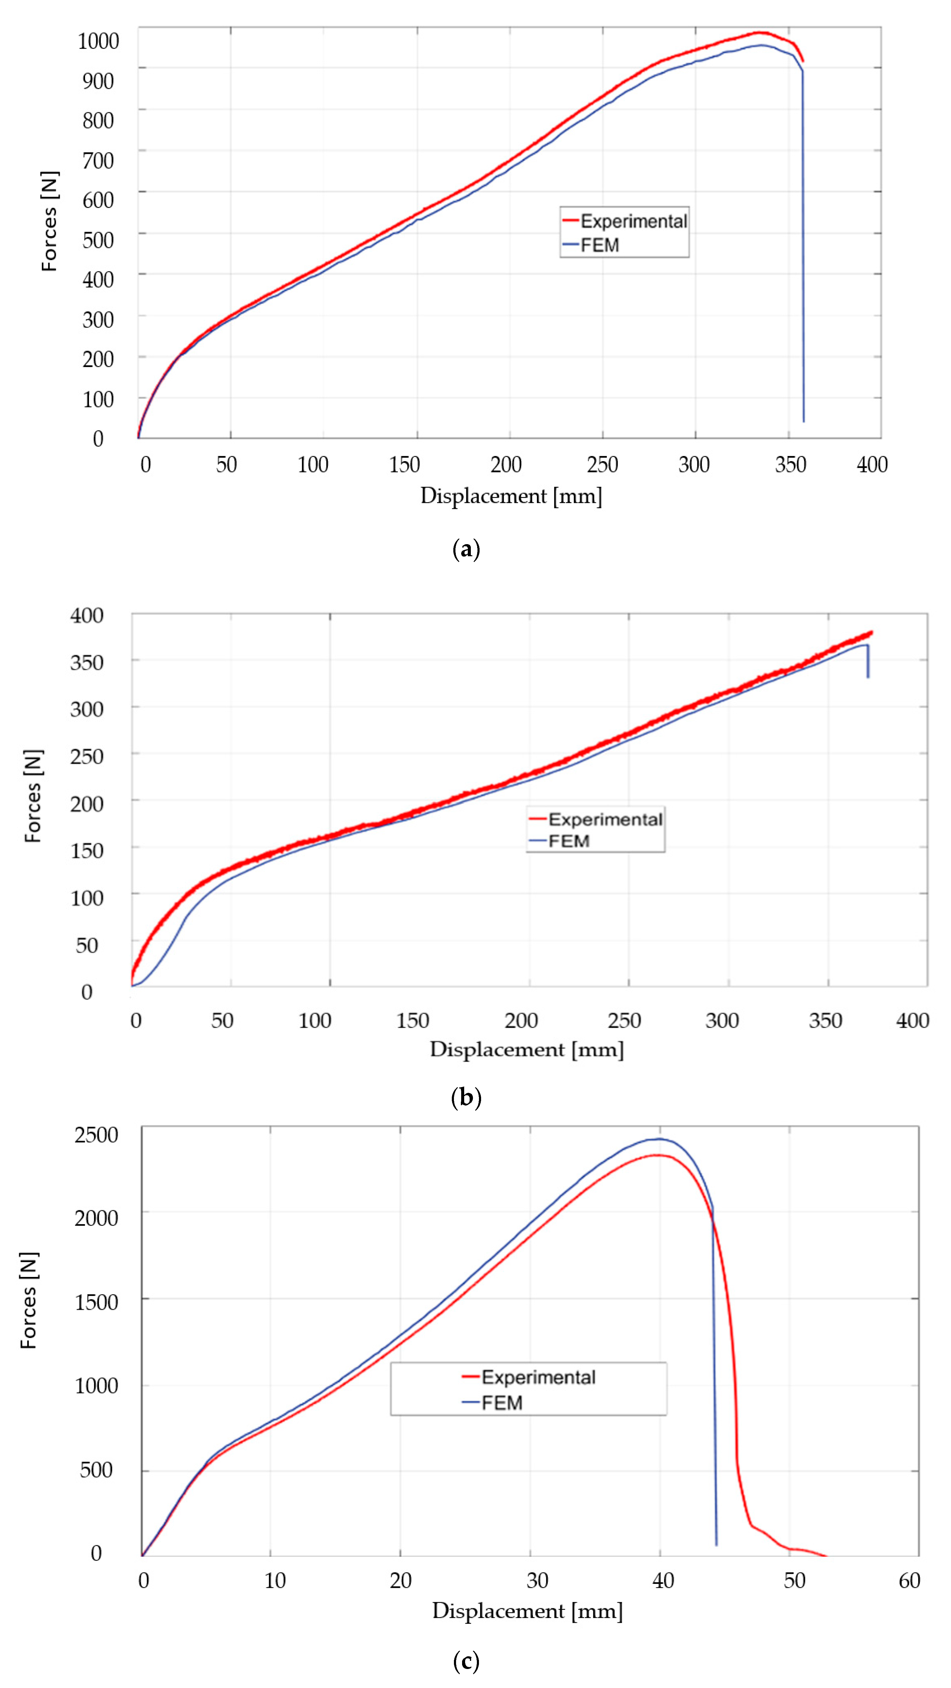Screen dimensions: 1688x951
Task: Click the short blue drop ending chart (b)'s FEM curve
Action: coord(868,662)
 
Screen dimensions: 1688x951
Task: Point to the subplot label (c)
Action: coord(466,1661)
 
